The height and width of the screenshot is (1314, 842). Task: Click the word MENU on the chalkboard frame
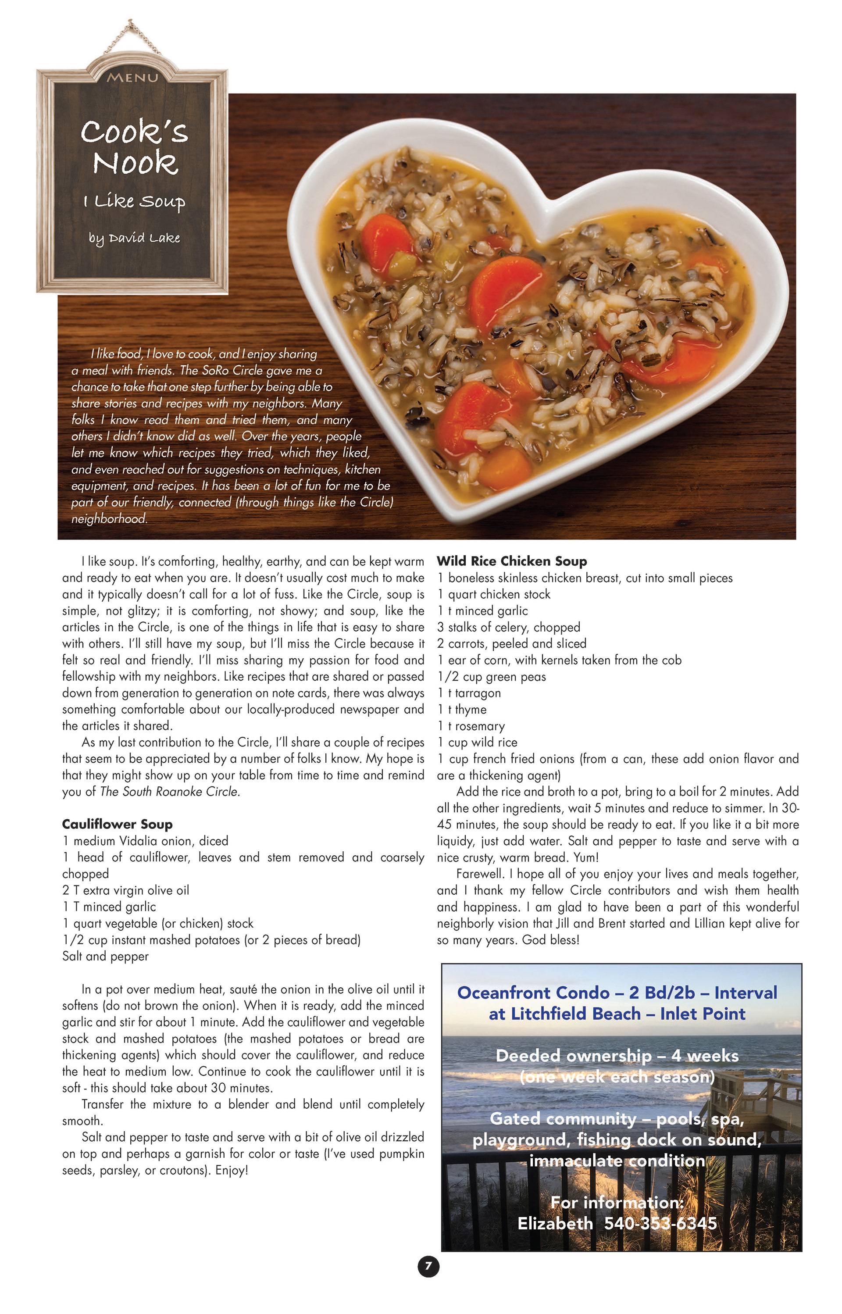click(x=132, y=78)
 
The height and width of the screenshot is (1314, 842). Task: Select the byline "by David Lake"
click(x=135, y=238)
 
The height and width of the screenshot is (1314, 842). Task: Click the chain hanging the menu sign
click(x=130, y=36)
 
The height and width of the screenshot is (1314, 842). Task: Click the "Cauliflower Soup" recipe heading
click(x=117, y=824)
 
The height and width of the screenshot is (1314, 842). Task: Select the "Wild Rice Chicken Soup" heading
click(x=512, y=561)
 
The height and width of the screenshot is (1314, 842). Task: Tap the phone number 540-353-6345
click(x=660, y=1223)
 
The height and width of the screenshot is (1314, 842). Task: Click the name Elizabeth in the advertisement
click(x=555, y=1223)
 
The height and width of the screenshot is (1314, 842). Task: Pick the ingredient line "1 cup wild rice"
click(x=477, y=742)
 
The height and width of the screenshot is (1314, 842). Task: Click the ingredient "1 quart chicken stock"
click(x=494, y=594)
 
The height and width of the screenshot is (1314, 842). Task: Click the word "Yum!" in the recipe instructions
click(x=586, y=857)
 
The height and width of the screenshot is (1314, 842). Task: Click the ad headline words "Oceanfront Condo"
click(x=533, y=993)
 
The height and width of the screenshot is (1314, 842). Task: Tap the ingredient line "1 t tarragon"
click(x=469, y=693)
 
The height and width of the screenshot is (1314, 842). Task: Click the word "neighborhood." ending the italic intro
click(x=109, y=518)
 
